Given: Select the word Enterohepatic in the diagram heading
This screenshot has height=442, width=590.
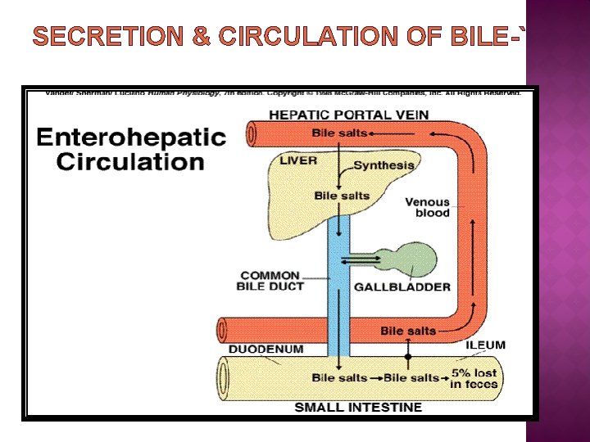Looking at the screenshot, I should tap(130, 137).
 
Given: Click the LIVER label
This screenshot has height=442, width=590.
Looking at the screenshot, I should tap(297, 160).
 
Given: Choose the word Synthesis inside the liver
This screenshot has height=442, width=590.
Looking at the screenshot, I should tap(383, 165).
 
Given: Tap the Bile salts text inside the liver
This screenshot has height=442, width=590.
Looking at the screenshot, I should tap(342, 196).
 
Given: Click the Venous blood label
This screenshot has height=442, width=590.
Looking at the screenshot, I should tap(428, 207).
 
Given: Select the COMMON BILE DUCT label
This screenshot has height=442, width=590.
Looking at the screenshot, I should tap(270, 280).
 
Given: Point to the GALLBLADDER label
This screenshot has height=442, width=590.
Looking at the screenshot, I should tap(402, 286).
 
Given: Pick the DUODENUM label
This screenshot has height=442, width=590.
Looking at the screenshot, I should tap(265, 349).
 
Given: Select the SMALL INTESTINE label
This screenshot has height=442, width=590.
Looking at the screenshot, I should tap(358, 407).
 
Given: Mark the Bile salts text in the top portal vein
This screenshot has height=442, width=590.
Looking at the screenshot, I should tap(339, 132).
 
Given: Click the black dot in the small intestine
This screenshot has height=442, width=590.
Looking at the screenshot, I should tap(408, 356).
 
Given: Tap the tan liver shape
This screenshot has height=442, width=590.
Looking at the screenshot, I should tap(303, 196).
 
